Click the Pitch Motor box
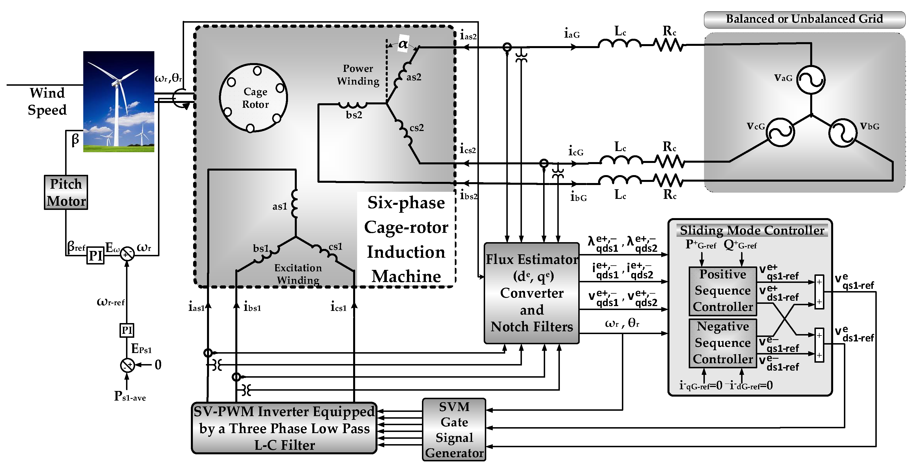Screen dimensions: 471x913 (66, 192)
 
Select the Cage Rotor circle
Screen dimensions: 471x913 (253, 98)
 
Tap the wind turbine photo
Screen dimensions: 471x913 (119, 102)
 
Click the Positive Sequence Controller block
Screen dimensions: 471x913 (723, 291)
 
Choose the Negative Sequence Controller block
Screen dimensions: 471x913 (723, 343)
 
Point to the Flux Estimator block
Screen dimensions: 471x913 (531, 293)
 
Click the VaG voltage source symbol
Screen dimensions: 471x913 (811, 80)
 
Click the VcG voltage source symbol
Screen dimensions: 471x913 (780, 132)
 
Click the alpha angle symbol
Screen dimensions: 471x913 (403, 44)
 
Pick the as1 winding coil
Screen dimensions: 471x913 (294, 204)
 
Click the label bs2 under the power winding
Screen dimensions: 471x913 (354, 115)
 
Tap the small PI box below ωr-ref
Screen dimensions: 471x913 (127, 330)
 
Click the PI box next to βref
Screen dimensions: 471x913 (95, 255)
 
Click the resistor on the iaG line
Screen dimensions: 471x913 (668, 45)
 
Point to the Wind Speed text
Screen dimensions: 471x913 (47, 102)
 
